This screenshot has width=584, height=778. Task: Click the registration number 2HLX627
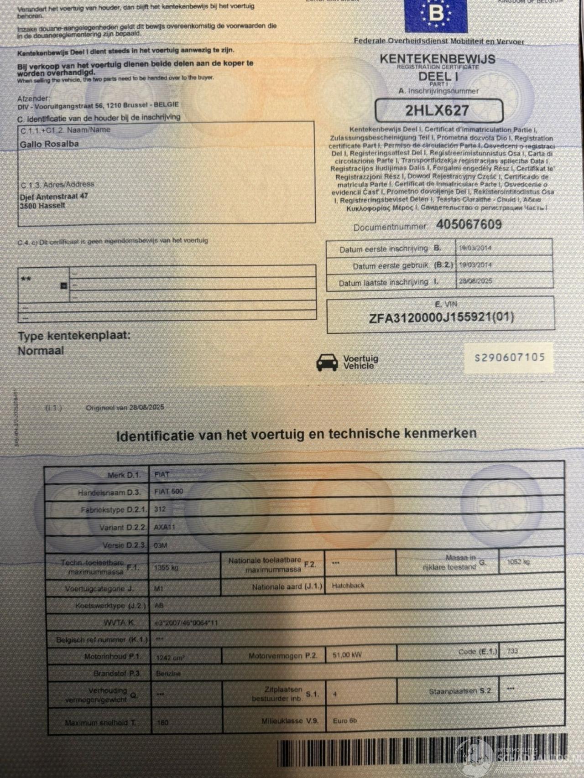pyautogui.click(x=437, y=110)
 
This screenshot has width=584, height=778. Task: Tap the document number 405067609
pyautogui.click(x=469, y=224)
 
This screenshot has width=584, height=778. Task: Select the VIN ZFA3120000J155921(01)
pyautogui.click(x=441, y=317)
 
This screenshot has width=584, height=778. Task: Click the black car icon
pyautogui.click(x=327, y=362)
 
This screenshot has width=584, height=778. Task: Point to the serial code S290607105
pyautogui.click(x=510, y=358)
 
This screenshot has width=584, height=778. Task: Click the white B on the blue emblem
pyautogui.click(x=436, y=14)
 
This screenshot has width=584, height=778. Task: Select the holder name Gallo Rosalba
pyautogui.click(x=49, y=144)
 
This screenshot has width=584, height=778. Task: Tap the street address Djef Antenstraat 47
pyautogui.click(x=54, y=197)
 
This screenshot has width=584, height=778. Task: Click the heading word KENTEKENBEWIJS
pyautogui.click(x=437, y=59)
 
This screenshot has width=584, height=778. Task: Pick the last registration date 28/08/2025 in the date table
pyautogui.click(x=475, y=281)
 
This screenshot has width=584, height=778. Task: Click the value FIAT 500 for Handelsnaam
pyautogui.click(x=169, y=492)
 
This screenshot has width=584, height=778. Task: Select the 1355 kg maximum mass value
pyautogui.click(x=166, y=568)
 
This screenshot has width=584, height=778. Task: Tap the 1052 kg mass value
pyautogui.click(x=518, y=562)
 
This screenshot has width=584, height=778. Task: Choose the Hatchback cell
pyautogui.click(x=348, y=586)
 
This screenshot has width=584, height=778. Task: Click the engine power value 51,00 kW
pyautogui.click(x=347, y=655)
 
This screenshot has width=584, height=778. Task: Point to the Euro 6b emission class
pyautogui.click(x=345, y=721)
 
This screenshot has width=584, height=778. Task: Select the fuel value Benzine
pyautogui.click(x=168, y=673)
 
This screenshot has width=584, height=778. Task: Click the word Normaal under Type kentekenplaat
pyautogui.click(x=41, y=351)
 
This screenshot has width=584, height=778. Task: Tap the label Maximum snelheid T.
pyautogui.click(x=100, y=722)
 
